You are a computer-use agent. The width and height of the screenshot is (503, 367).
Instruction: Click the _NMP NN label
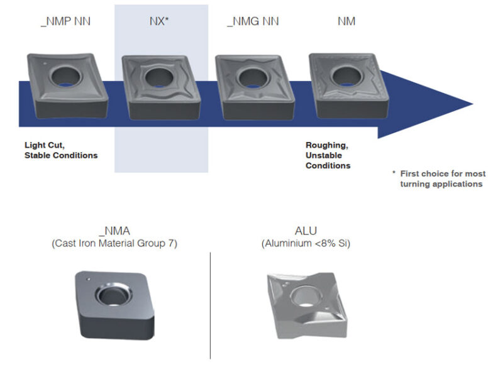click(65, 21)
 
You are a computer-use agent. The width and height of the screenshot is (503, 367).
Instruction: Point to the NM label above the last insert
click(346, 21)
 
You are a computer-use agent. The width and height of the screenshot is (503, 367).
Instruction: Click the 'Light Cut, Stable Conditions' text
click(61, 150)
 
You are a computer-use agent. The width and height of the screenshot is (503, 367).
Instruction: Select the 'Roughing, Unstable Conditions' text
click(328, 155)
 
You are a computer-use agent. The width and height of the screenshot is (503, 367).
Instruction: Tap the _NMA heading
click(114, 231)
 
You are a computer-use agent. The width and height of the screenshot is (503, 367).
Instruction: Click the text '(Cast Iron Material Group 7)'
click(114, 243)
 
